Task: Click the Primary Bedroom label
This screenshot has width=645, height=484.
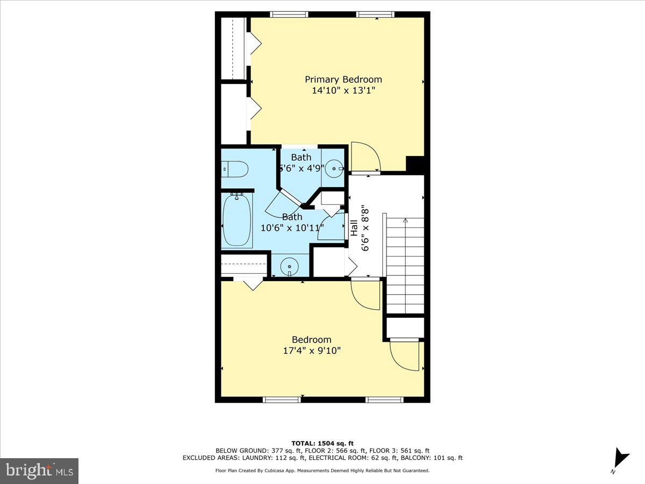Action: (x=343, y=80)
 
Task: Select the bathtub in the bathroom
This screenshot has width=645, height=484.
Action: (x=236, y=221)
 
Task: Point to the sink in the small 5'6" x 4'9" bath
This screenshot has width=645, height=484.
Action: (x=336, y=168)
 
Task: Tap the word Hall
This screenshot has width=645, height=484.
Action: (x=354, y=229)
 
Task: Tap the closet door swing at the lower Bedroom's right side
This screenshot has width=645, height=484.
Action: (x=404, y=355)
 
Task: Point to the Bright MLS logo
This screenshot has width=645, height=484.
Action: (x=39, y=471)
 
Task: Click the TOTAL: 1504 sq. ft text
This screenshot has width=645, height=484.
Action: (x=322, y=443)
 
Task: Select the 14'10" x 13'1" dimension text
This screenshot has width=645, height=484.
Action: (x=343, y=90)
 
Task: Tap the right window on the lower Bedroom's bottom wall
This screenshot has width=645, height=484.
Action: (x=385, y=400)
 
